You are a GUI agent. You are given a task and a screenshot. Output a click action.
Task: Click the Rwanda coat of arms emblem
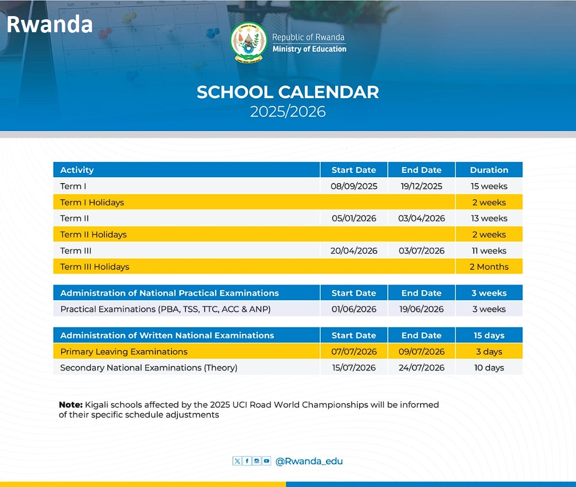click(248, 43)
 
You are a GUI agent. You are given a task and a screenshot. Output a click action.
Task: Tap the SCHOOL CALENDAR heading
click(287, 92)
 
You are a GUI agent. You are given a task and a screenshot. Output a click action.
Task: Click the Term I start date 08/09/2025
click(354, 186)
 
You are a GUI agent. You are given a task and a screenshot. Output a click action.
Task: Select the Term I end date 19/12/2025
click(421, 186)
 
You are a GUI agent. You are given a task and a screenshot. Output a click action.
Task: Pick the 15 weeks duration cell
click(488, 186)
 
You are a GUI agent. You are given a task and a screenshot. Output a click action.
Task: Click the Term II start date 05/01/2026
click(354, 219)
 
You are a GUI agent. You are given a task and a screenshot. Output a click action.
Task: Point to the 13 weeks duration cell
click(488, 219)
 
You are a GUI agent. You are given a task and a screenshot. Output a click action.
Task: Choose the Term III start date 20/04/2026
click(354, 251)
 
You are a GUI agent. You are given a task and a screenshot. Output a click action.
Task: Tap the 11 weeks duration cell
click(488, 251)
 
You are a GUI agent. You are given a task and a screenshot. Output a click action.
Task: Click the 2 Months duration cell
click(488, 267)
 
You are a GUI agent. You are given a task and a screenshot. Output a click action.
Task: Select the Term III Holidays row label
click(95, 267)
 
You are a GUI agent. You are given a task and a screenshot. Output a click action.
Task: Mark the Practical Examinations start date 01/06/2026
click(354, 309)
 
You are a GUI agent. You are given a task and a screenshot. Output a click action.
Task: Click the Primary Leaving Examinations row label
click(124, 352)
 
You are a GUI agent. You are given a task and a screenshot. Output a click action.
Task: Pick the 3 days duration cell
click(488, 352)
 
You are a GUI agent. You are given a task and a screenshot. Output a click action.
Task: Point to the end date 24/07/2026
click(421, 368)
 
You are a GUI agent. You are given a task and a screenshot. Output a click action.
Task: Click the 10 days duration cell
click(488, 368)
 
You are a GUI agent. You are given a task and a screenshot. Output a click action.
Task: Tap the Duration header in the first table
click(488, 170)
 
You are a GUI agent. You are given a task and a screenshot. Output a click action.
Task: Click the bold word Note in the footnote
click(70, 405)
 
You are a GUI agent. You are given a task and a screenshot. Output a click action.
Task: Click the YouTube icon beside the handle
click(267, 461)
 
